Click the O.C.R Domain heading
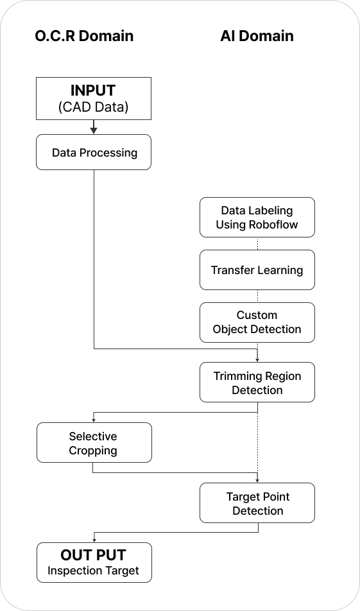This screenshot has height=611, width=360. pos(84,36)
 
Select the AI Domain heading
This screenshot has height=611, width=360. pos(257,36)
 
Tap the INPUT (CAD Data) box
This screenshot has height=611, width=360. pos(94,98)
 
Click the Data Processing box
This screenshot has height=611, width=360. pos(94,152)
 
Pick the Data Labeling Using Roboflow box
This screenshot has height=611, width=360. pos(257,217)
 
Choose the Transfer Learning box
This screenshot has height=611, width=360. pos(257,270)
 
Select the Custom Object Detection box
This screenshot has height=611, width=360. pos(257,322)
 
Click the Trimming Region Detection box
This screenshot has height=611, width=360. pos(257,382)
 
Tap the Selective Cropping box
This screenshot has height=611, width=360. pos(94,442)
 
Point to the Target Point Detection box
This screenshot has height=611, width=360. pos(257,503)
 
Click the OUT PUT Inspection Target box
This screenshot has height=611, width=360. pos(94,562)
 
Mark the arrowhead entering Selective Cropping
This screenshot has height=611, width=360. pos(94,420)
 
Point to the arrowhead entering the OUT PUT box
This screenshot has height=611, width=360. pos(94,540)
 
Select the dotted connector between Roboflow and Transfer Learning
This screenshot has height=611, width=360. pos(257,243)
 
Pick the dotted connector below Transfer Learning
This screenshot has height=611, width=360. pos(257,296)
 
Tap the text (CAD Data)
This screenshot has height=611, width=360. pos(93,107)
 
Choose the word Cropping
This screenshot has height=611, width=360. pos(93,451)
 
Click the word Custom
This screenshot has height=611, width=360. pos(257,315)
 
